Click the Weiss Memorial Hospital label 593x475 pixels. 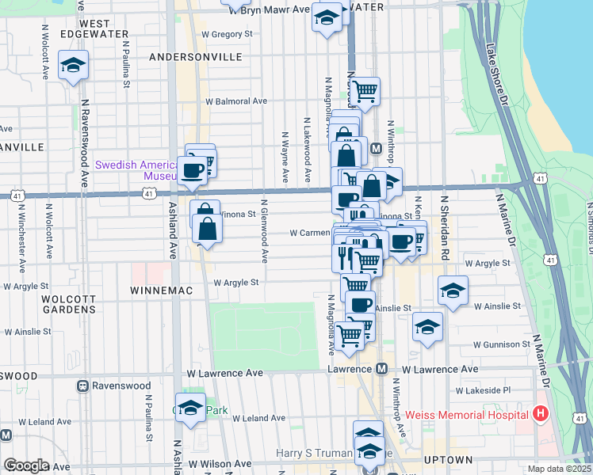tap(466, 415)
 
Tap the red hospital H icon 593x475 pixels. tap(540, 413)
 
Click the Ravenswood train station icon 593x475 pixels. tap(82, 386)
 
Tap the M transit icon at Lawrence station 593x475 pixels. tap(381, 369)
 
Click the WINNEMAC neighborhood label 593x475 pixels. tap(157, 291)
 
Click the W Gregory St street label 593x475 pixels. tap(227, 34)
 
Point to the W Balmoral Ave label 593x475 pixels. tap(236, 101)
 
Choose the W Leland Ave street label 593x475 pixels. tap(253, 418)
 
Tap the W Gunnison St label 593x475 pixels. tap(501, 345)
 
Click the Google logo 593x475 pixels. tap(25, 465)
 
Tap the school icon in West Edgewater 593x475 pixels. tap(73, 66)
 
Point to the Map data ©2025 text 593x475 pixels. tap(559, 469)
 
